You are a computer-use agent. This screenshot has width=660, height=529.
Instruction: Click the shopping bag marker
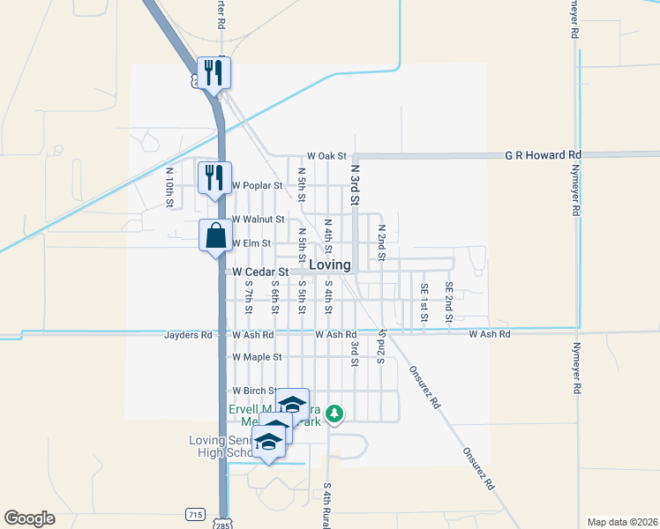215,236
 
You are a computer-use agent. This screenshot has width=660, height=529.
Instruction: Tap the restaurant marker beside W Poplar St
214,178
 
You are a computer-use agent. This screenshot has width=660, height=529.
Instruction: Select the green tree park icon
334,413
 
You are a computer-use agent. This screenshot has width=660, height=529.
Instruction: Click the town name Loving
330,264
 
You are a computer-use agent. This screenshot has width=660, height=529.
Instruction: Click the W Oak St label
327,155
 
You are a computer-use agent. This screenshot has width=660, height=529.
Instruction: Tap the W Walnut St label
258,219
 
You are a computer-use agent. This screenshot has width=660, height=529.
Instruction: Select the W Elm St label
251,242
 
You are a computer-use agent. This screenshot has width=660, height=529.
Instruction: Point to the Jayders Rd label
188,335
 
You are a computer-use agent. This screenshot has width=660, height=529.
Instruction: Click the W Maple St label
256,357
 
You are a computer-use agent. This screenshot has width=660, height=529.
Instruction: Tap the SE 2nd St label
449,301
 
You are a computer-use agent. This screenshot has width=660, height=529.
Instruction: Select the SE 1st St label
424,301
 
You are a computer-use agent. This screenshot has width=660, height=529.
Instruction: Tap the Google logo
29,518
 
